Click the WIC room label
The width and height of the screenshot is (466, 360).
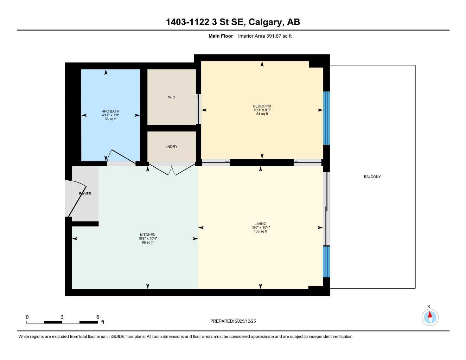click(x=172, y=97)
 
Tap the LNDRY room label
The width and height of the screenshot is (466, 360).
click(x=172, y=147)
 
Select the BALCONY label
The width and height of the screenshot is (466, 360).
click(x=372, y=177)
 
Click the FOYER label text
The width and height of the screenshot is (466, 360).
click(x=85, y=194)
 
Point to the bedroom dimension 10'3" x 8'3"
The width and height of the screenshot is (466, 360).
click(x=262, y=110)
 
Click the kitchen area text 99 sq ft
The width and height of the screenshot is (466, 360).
click(x=148, y=243)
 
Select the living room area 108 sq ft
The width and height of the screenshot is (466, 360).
click(x=261, y=231)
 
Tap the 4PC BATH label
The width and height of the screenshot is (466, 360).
click(x=111, y=111)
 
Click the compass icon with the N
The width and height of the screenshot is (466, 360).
click(x=430, y=317)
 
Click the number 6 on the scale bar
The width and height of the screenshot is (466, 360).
click(x=98, y=317)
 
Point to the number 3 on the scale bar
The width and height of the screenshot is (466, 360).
click(x=62, y=317)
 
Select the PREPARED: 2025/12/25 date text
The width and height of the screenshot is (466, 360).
click(x=233, y=321)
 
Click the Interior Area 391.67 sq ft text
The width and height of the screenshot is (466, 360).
click(x=265, y=36)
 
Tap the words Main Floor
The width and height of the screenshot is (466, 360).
click(x=221, y=36)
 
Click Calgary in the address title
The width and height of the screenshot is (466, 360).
click(x=266, y=22)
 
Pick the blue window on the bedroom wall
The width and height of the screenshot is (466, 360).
click(x=326, y=118)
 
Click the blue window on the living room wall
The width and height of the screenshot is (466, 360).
click(x=326, y=262)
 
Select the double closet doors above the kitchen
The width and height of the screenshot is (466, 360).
click(x=172, y=169)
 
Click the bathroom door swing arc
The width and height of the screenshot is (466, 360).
click(x=121, y=157)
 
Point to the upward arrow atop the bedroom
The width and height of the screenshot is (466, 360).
click(x=262, y=64)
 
